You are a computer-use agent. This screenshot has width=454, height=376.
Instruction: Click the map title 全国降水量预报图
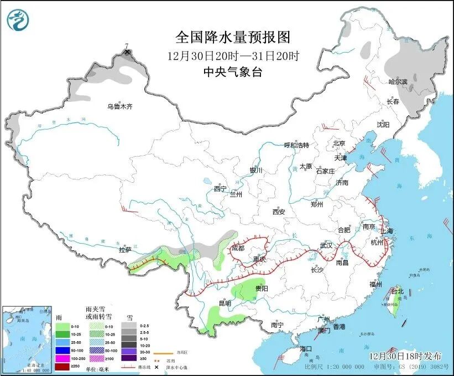pyautogui.click(x=232, y=38)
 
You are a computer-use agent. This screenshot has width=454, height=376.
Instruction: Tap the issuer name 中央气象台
pyautogui.click(x=232, y=71)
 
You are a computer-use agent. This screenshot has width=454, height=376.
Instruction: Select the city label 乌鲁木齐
pyautogui.click(x=120, y=106)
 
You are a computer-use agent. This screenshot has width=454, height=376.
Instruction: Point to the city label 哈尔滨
pyautogui.click(x=397, y=81)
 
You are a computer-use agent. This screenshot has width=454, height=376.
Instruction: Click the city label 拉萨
pyautogui.click(x=125, y=250)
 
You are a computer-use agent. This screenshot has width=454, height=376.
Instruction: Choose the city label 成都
pyautogui.click(x=238, y=249)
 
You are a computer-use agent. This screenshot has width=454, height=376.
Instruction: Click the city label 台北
pyautogui.click(x=398, y=291)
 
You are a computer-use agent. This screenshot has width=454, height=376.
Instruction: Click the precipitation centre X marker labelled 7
pyautogui.click(x=128, y=52)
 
